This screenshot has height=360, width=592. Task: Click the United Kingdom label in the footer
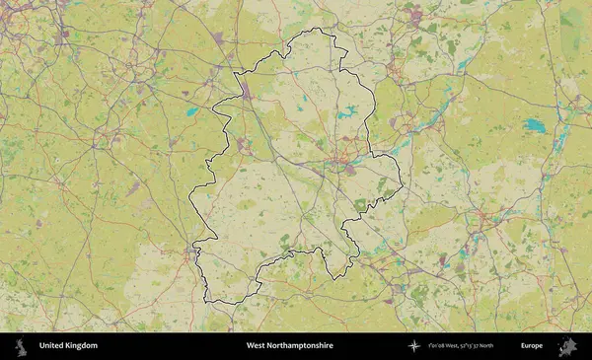(68, 346)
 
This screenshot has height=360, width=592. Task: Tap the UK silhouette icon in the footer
(20, 346)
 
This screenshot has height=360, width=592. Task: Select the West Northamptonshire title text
(289, 346)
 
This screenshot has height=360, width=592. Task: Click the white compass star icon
(414, 346)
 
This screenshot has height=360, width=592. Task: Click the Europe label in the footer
(532, 346)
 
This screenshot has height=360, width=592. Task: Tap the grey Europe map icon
(566, 346)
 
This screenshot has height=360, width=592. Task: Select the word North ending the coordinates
(486, 346)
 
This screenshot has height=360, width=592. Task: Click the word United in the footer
(51, 346)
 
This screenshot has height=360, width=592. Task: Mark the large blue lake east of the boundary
(534, 125)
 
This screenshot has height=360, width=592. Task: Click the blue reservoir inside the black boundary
(346, 113)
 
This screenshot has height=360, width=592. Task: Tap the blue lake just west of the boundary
(191, 111)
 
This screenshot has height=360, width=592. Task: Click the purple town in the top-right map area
(415, 15)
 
